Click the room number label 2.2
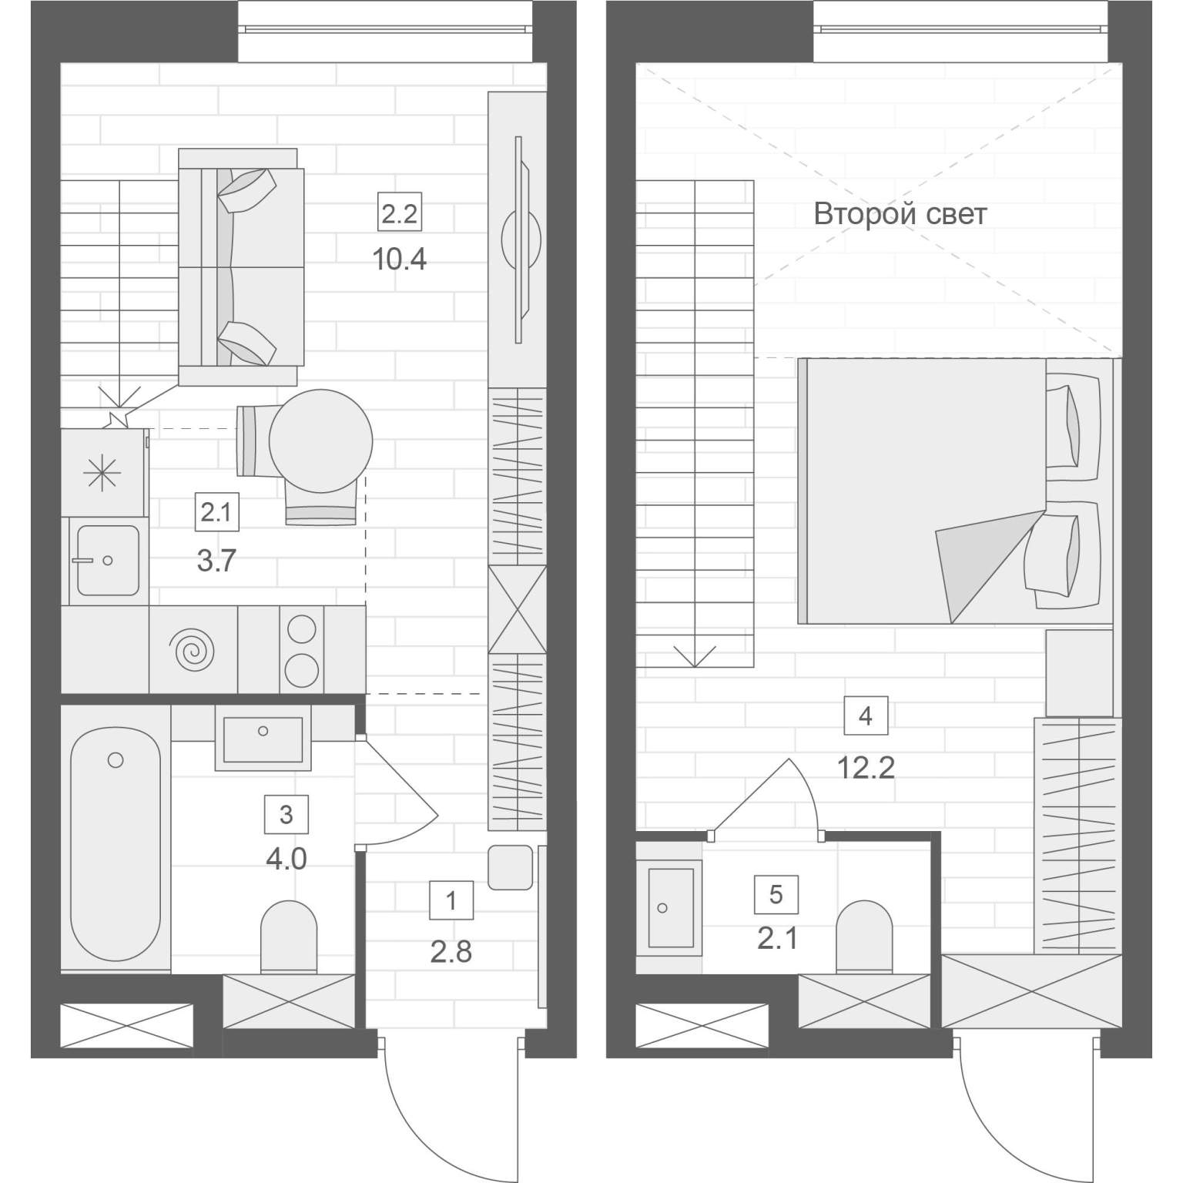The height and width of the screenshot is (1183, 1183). [x=399, y=213]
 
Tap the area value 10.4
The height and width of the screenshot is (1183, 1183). [x=399, y=260]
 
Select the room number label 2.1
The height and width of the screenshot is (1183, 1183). [x=216, y=512]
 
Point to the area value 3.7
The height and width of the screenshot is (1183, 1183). [x=216, y=561]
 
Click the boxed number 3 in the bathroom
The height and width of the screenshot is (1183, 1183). [x=287, y=814]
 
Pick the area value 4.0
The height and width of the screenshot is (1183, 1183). [x=287, y=859]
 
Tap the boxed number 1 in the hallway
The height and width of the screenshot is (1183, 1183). [x=451, y=900]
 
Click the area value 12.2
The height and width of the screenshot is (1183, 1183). [x=866, y=767]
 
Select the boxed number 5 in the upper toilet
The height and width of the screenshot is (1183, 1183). [x=776, y=894]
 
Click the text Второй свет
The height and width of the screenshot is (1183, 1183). [x=900, y=213]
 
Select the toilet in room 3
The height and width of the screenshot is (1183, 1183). [x=289, y=936]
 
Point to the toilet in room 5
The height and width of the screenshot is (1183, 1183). [x=864, y=936]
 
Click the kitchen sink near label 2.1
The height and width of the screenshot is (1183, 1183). [x=107, y=560]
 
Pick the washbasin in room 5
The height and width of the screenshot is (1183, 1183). [x=671, y=908]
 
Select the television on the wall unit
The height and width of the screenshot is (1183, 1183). [x=521, y=240]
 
